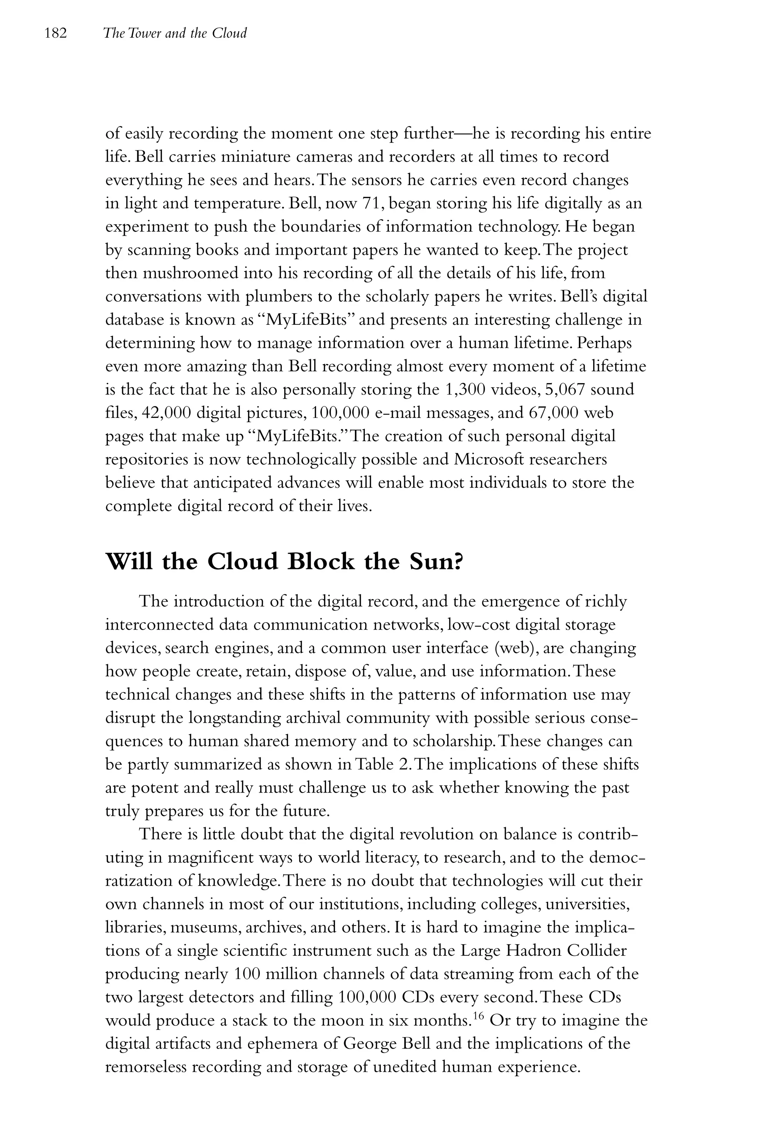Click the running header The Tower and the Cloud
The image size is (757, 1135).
[x=175, y=33]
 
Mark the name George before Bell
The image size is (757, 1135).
[x=371, y=1043]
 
